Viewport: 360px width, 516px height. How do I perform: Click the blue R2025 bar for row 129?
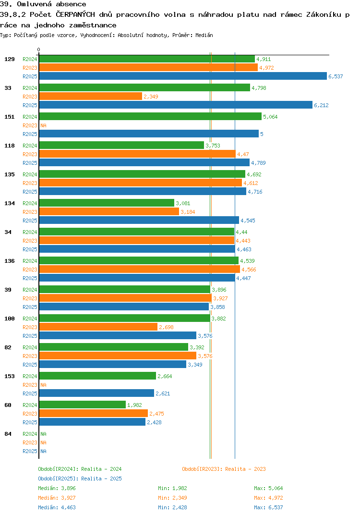pos(182,76)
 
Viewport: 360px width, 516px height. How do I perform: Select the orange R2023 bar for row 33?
pos(90,96)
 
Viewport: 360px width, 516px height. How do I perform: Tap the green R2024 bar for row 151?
pos(150,116)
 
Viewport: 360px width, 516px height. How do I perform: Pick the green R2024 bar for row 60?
pos(82,405)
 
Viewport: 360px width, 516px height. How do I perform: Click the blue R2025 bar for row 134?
pos(139,220)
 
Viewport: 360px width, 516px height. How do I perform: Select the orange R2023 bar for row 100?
pos(98,327)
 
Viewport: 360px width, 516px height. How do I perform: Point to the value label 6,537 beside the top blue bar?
pos(336,76)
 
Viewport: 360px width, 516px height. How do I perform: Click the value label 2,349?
pos(151,97)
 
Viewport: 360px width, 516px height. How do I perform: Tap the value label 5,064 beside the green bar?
pos(270,117)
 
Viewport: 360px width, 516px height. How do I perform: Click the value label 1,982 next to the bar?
pos(134,405)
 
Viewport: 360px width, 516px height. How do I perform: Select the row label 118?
pos(9,146)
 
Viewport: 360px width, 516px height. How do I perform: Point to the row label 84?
pos(8,434)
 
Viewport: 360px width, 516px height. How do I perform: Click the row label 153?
pos(9,376)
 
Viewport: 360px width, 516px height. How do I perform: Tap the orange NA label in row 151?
pos(43,125)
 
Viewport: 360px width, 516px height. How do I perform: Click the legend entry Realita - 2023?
pos(224,469)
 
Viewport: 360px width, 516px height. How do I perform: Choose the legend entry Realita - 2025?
pos(80,479)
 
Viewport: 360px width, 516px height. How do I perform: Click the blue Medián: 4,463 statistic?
pos(57,507)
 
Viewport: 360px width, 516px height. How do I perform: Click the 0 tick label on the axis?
pos(39,49)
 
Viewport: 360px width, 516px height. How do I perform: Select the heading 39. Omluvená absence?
pos(43,4)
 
